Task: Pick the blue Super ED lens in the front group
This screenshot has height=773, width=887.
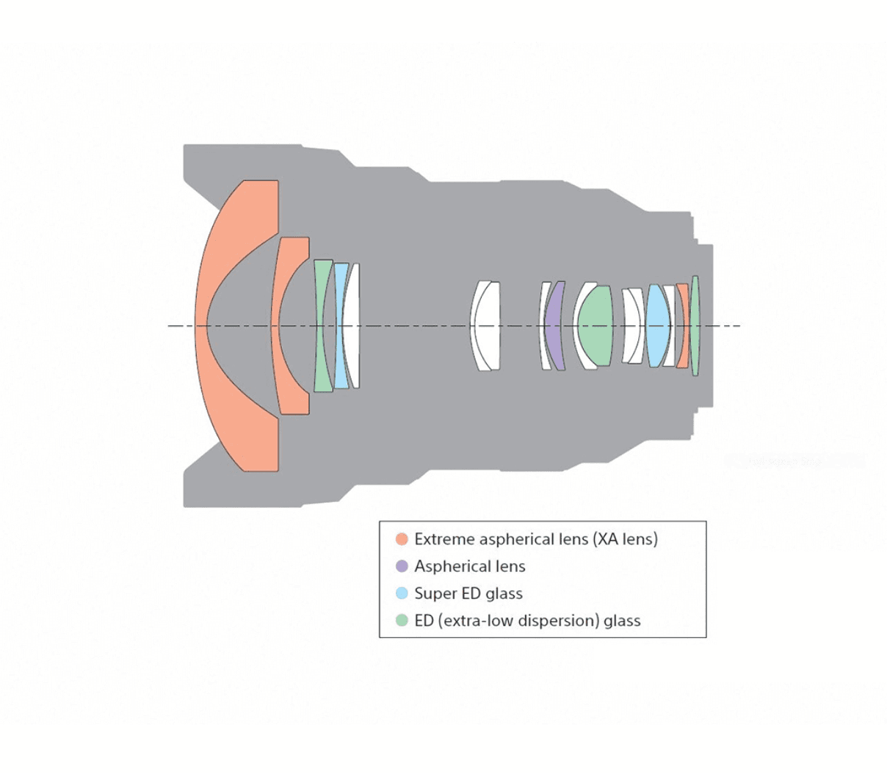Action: pos(341,325)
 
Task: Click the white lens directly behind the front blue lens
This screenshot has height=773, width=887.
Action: pos(353,325)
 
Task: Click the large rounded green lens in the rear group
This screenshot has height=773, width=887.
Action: pos(595,325)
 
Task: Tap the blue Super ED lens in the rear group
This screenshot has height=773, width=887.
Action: pos(658,325)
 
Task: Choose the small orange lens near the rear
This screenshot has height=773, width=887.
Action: pos(683,325)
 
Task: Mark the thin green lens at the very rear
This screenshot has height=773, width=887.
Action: pos(695,325)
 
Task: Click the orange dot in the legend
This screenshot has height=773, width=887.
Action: pos(402,540)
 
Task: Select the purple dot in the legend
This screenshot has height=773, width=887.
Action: pos(402,567)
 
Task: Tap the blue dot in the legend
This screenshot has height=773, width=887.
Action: pos(402,594)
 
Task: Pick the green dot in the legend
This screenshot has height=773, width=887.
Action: pos(402,621)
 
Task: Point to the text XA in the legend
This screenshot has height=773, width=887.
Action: pos(608,540)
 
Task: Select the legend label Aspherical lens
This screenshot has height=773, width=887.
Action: pos(470,567)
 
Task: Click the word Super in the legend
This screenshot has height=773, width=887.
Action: pos(434,594)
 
